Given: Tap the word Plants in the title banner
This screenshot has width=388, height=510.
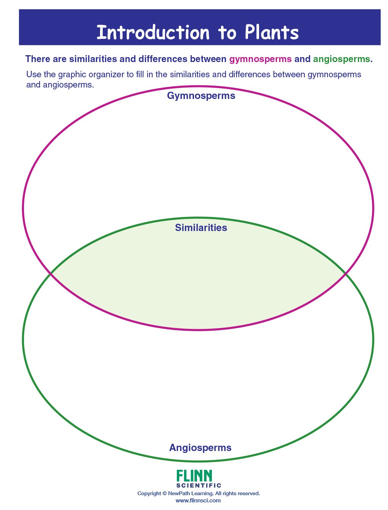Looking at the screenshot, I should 272,33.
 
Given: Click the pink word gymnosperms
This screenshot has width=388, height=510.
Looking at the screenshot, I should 260,59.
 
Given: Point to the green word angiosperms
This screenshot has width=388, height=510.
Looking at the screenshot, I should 341,59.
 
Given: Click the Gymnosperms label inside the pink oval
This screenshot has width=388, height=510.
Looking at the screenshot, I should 201,96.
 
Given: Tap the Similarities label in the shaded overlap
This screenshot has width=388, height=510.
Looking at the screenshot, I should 201,228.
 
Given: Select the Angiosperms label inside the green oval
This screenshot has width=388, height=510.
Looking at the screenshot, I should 200,448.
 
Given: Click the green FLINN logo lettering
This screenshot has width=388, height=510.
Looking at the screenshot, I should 194,476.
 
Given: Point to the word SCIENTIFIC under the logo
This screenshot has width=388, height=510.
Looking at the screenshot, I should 199,485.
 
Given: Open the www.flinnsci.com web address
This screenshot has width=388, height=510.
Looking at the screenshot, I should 198,500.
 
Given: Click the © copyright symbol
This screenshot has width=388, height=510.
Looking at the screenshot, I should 164,494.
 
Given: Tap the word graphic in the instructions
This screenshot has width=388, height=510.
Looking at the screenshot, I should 72,75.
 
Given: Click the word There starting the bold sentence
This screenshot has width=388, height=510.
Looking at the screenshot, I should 38,59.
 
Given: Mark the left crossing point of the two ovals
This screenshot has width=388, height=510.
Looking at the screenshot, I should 51,274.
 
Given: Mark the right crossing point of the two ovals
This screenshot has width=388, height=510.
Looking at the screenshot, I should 345,274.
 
